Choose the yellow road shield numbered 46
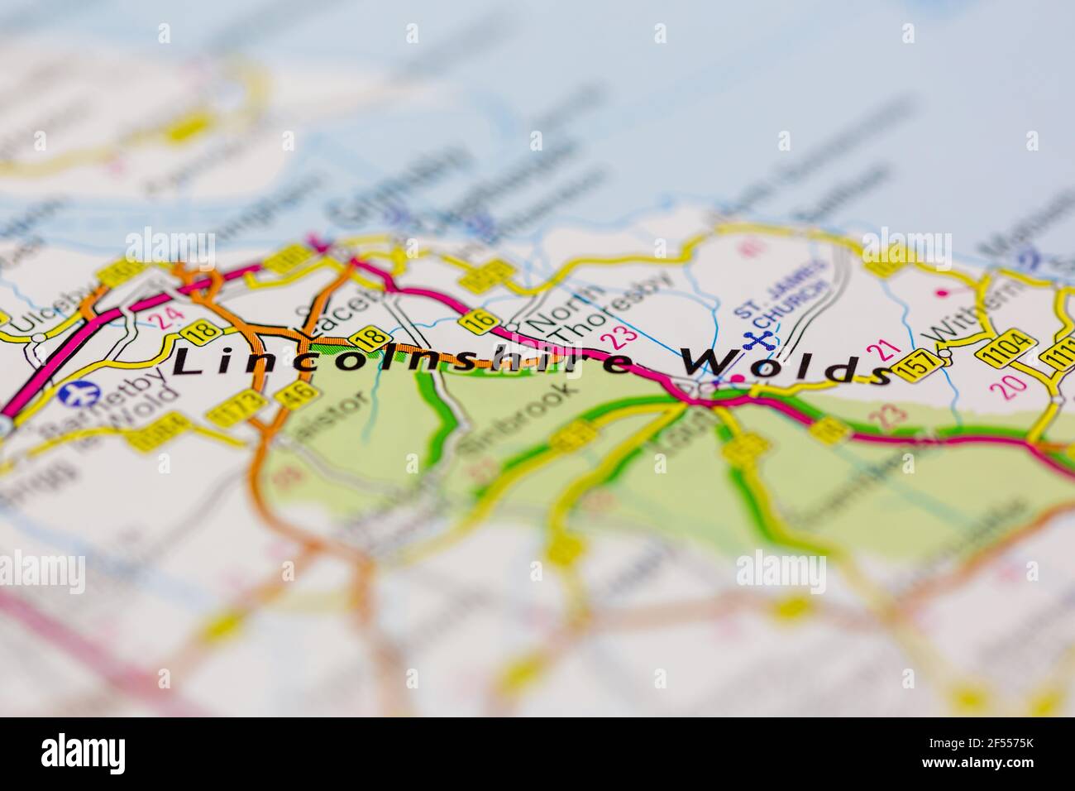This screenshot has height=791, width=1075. coord(303,394)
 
